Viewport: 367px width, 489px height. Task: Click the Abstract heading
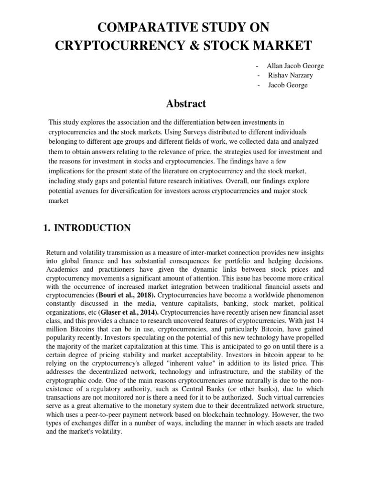[186, 104]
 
